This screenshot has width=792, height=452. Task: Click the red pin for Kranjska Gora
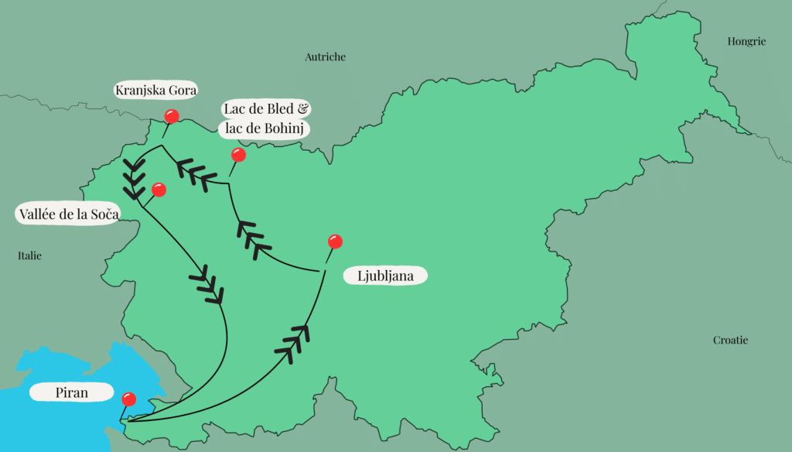coord(172,117)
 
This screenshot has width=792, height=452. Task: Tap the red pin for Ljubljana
coord(335,241)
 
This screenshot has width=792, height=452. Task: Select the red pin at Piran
coord(129,399)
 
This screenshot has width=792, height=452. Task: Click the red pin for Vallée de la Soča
coord(159,189)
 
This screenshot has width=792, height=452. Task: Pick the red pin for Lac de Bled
coord(238,155)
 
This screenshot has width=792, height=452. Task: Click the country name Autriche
coord(325,56)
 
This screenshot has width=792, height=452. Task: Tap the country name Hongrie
coord(746,41)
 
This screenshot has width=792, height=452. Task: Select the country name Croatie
coord(731,340)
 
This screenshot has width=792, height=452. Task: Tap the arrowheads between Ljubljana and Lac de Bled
coord(249,235)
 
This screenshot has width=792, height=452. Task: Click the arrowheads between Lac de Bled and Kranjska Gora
coord(196,173)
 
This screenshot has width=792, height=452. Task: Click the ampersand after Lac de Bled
coord(302,109)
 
